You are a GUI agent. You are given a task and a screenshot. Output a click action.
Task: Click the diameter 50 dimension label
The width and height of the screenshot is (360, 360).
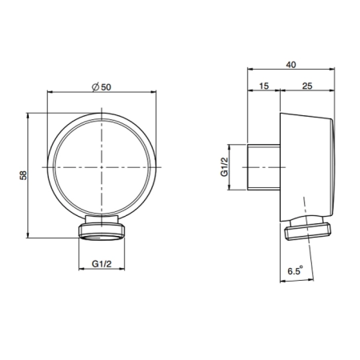coord(102,87)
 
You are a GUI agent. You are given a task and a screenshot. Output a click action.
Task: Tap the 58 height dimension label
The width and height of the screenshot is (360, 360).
coord(23,175)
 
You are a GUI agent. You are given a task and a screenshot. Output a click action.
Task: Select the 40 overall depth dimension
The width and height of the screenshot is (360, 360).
coord(291,65)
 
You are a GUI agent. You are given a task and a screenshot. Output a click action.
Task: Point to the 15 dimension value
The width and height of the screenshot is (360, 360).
coord(264,86)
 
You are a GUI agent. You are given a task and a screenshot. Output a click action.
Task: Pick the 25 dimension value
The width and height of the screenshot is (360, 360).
coord(307,86)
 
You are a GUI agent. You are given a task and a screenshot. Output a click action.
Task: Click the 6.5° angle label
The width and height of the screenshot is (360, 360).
coord(295,270)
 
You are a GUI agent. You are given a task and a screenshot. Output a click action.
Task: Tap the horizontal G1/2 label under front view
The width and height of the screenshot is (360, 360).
coord(102,264)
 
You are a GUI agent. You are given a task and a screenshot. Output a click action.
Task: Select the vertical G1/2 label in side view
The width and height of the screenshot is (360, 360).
coord(225,167)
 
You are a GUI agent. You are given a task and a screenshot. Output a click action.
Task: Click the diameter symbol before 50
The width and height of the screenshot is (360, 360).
coord(95,87)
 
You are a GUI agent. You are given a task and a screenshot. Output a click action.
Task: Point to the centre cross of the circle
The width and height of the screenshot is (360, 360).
coord(102,167)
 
